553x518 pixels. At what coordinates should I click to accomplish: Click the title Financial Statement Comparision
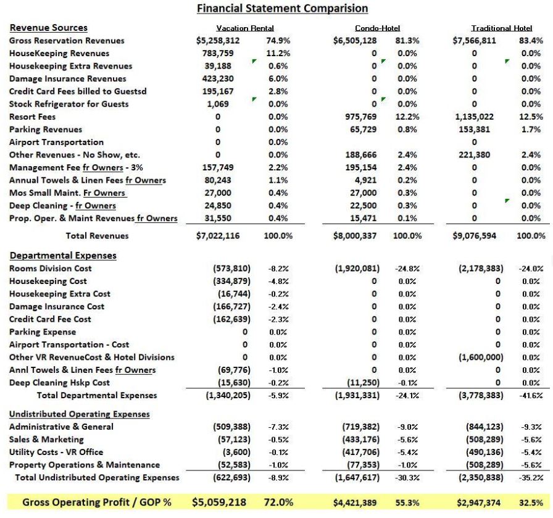point(282,8)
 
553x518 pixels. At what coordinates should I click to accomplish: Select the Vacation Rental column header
point(245,28)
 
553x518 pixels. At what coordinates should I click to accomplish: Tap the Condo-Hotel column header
point(377,28)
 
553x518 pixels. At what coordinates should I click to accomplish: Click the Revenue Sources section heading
point(49,28)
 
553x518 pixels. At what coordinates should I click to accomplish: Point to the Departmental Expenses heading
point(63,255)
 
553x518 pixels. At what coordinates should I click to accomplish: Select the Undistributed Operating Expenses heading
point(80,414)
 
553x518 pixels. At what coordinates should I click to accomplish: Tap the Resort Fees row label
point(32,117)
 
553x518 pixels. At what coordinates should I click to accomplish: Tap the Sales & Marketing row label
point(46,440)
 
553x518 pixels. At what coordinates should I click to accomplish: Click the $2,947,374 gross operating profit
point(477,503)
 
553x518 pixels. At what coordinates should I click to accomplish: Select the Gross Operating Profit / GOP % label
point(97,503)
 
